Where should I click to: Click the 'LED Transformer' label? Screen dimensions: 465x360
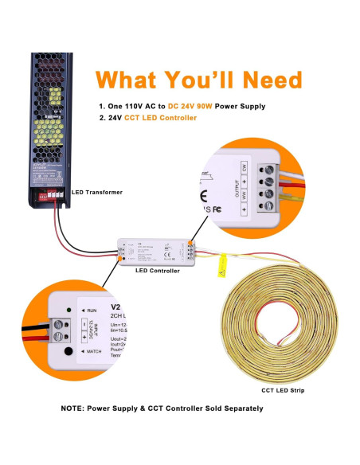click(x=97, y=192)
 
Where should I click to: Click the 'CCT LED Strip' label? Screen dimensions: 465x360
click(x=282, y=390)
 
